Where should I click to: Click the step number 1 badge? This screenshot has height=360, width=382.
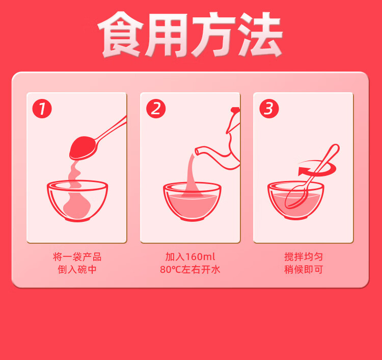[x=42, y=109]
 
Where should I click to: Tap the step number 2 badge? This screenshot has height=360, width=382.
[x=156, y=109]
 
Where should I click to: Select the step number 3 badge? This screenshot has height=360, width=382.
[x=269, y=109]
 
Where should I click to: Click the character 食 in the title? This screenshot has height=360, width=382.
[x=121, y=34]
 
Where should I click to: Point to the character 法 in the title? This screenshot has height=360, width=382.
[x=260, y=34]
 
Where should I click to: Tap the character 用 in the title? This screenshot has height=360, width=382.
[x=167, y=35]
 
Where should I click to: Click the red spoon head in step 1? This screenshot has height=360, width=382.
[x=83, y=147]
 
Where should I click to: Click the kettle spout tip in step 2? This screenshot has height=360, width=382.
[x=197, y=151]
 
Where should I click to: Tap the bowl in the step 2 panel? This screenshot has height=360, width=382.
[x=192, y=201]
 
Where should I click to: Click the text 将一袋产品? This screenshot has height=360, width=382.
[x=77, y=257]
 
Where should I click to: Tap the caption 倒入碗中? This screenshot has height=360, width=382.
[x=77, y=270]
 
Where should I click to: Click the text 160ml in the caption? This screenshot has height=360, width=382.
[x=201, y=257]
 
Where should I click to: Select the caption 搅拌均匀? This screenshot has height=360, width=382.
[x=304, y=257]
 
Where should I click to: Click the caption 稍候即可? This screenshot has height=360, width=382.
[x=304, y=270]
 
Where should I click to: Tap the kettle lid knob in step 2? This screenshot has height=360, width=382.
[x=235, y=110]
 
